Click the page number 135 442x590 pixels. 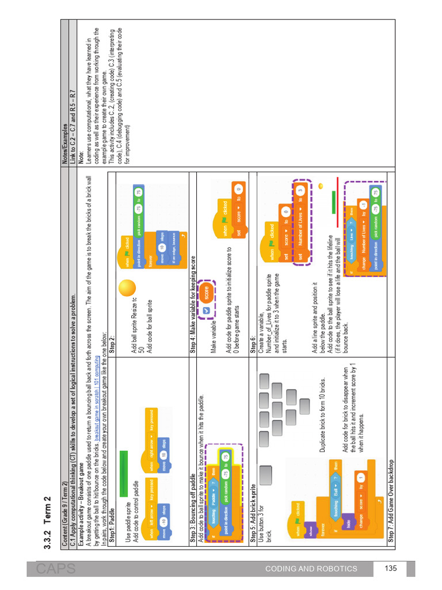click(391, 569)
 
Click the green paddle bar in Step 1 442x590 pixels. click(123, 474)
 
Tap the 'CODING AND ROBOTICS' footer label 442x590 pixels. click(311, 569)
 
